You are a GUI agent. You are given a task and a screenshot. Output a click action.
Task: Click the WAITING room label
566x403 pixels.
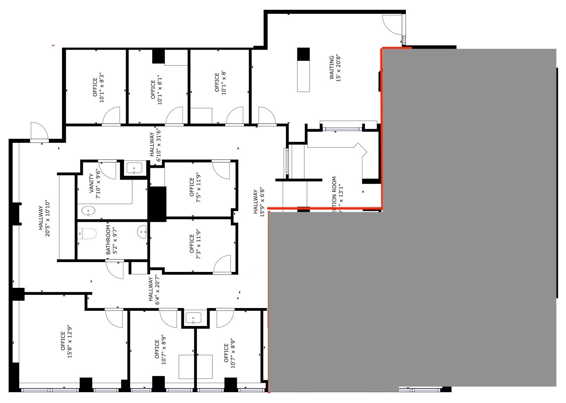pyautogui.click(x=331, y=68)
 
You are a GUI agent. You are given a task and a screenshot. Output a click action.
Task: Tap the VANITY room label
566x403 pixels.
pyautogui.click(x=91, y=184)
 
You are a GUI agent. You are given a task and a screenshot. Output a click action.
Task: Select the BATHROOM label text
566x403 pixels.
pyautogui.click(x=108, y=240)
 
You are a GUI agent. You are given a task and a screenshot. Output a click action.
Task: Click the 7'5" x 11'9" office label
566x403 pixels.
pyautogui.click(x=195, y=187)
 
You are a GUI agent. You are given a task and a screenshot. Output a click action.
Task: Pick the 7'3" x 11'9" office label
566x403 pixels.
pyautogui.click(x=195, y=244)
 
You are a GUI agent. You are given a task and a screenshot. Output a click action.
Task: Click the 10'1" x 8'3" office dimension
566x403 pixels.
pyautogui.click(x=101, y=87)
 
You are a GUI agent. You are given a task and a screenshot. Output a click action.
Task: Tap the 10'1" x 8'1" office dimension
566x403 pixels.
pyautogui.click(x=159, y=90)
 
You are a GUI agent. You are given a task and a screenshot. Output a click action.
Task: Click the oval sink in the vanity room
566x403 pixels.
pyautogui.click(x=88, y=211)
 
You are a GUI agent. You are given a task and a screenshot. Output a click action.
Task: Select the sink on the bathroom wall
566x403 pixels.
pyautogui.click(x=142, y=232)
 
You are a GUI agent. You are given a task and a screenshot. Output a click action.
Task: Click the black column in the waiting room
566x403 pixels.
pyautogui.click(x=303, y=54)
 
